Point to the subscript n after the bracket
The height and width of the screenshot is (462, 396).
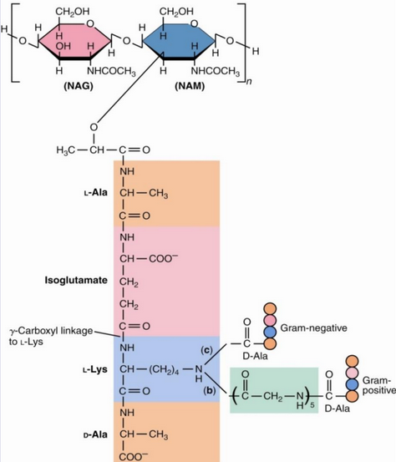pos(248,81)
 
